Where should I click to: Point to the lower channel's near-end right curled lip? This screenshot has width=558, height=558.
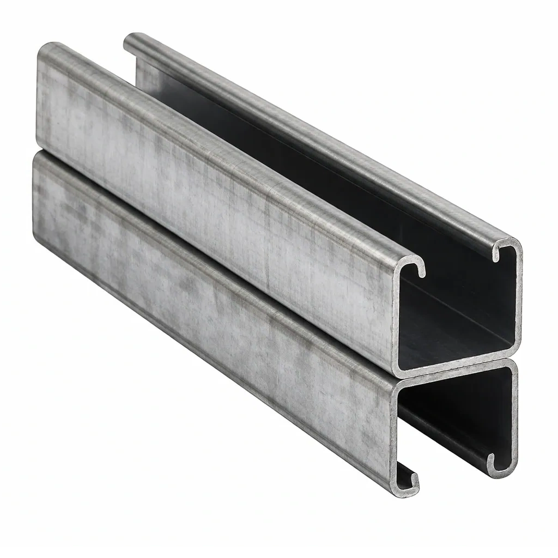[x=498, y=461]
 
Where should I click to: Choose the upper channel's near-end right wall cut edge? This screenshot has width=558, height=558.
[x=517, y=300]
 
